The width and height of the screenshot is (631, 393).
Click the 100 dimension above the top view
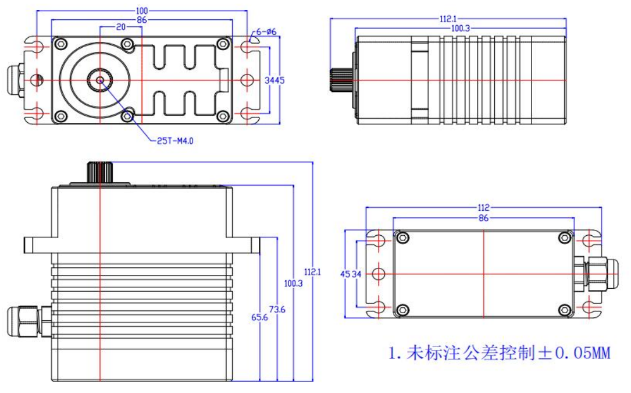[142, 11]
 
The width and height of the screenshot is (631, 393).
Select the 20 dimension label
[121, 27]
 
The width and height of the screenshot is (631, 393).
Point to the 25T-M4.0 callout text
[175, 140]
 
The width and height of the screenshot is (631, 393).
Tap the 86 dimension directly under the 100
[142, 20]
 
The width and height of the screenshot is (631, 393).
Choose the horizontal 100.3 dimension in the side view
[461, 29]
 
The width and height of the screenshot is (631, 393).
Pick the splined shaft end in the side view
[341, 79]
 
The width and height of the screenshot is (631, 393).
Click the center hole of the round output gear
[100, 80]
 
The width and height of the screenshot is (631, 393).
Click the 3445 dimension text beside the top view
[274, 80]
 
